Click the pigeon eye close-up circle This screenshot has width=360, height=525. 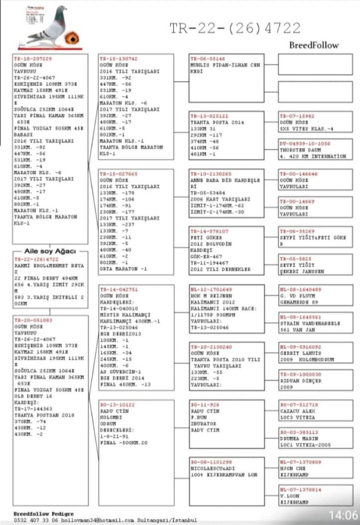click(x=72, y=38)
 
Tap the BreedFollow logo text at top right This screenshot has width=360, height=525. click(x=314, y=45)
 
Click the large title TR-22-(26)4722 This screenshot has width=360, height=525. click(x=235, y=28)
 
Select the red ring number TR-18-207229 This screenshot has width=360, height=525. click(x=33, y=59)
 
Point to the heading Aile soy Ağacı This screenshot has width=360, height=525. click(x=50, y=251)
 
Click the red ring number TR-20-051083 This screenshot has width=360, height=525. click(x=33, y=320)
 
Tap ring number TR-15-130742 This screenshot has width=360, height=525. click(x=118, y=59)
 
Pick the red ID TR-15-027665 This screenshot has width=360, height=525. click(x=118, y=174)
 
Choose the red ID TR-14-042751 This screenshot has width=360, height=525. click(x=118, y=289)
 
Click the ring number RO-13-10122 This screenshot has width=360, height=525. click(x=117, y=405)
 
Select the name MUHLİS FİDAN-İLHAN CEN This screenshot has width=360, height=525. click(x=225, y=65)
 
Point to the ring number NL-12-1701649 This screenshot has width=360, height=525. click(x=211, y=289)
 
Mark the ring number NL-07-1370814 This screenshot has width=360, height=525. click(x=300, y=490)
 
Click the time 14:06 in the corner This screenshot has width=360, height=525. click(x=343, y=515)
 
